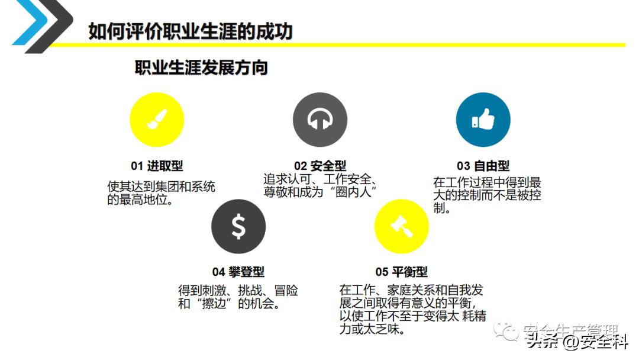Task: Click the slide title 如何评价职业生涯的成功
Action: tap(191, 31)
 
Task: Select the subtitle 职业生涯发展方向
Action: tap(201, 67)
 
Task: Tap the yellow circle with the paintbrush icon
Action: tap(157, 120)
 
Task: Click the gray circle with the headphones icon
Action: tap(320, 120)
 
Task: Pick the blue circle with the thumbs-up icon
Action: tap(483, 120)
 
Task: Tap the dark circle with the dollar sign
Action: tap(238, 226)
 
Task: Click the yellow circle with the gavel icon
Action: tap(402, 226)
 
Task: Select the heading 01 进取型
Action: tap(157, 166)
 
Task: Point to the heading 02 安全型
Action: tap(320, 166)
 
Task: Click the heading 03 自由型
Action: tap(483, 166)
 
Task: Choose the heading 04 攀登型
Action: tap(238, 272)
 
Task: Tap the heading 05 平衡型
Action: tap(402, 272)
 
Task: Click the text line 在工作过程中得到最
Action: tap(487, 183)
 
